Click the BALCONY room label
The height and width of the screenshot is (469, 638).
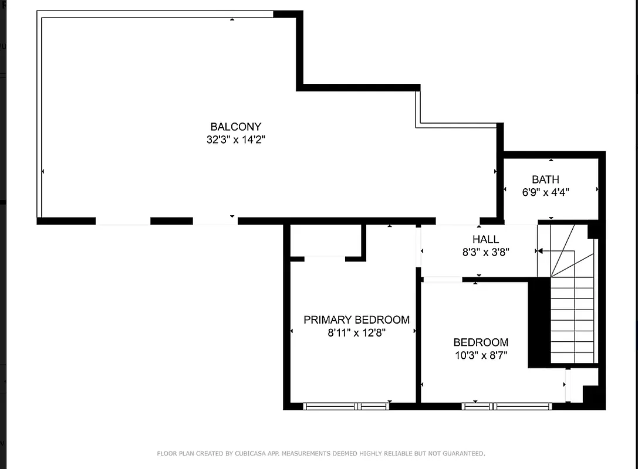click(235, 127)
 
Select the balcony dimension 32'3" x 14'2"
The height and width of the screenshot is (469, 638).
click(235, 140)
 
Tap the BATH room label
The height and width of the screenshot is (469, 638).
click(545, 179)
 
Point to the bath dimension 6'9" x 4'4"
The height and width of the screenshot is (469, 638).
click(545, 192)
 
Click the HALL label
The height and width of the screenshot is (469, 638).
click(485, 239)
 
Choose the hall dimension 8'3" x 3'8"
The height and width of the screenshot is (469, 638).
click(485, 253)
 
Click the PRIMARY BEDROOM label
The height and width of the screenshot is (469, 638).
click(356, 320)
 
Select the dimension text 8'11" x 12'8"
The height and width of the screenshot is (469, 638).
click(356, 333)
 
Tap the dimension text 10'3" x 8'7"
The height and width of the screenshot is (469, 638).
click(481, 355)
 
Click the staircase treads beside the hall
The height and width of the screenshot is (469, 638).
click(572, 320)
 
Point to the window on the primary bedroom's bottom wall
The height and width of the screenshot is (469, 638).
click(346, 406)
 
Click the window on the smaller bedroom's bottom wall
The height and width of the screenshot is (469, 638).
click(507, 406)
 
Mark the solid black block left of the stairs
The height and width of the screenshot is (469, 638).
click(539, 322)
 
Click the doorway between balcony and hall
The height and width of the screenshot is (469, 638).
click(457, 222)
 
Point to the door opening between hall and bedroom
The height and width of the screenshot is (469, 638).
click(443, 280)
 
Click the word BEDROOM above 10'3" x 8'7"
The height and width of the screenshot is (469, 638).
click(481, 342)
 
